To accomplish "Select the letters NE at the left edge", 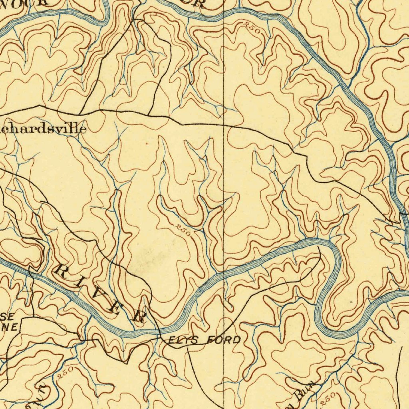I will pos(10,328).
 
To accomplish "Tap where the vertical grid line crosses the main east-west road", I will pos(223,125).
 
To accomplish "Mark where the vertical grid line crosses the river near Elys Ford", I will pos(223,272).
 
